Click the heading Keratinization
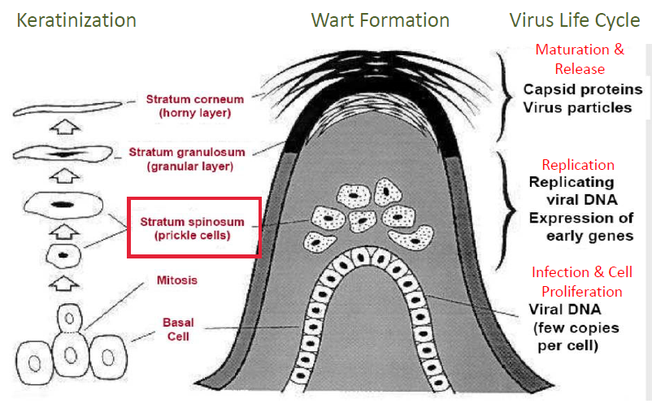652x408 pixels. coord(76,20)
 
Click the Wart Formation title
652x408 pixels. coord(380,20)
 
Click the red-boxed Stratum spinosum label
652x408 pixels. coord(193,227)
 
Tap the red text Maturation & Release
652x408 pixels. coord(580,59)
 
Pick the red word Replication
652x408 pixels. coord(578,165)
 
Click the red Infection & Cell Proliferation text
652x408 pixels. coord(582,281)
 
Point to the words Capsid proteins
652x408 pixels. coord(583,89)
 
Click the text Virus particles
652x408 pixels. coord(577,107)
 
